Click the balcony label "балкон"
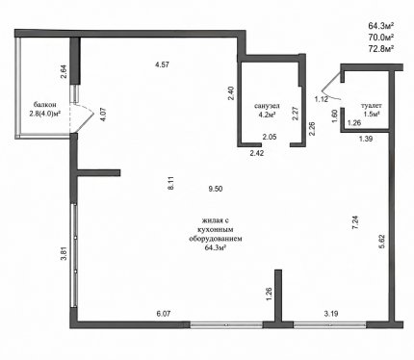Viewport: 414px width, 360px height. [x=45, y=105]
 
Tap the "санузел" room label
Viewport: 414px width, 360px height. [x=267, y=106]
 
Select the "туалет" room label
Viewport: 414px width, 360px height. [x=372, y=105]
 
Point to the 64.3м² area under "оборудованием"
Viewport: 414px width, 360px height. [x=215, y=247]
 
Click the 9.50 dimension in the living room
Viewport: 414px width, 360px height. [x=216, y=189]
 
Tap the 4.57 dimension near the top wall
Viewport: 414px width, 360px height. [x=162, y=64]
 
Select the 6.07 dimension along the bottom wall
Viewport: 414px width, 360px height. [x=163, y=314]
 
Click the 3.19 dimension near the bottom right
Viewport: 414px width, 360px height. [x=330, y=314]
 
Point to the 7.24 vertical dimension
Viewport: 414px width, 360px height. [x=355, y=222]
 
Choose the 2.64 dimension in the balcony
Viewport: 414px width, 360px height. [x=64, y=72]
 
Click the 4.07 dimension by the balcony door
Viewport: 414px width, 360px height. [x=103, y=115]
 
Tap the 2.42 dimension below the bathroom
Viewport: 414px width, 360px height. [x=257, y=153]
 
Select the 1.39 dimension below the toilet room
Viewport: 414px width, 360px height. [x=366, y=139]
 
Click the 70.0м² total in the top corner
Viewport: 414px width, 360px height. [x=381, y=38]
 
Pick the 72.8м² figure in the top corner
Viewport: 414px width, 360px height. [x=381, y=49]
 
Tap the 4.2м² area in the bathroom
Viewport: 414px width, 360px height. [x=267, y=114]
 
